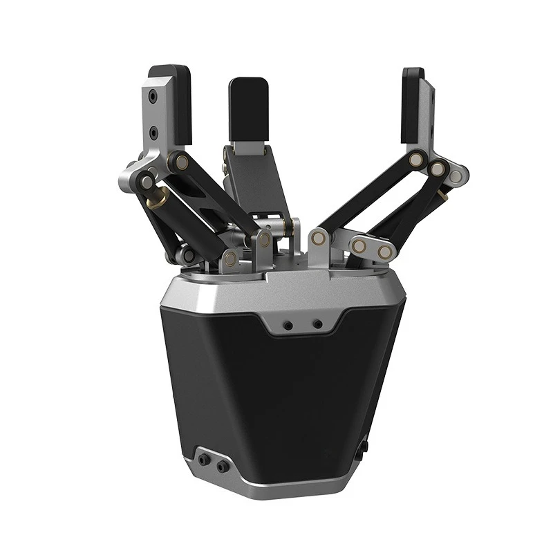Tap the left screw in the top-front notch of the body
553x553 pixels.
[288, 324]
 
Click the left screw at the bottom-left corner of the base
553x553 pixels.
[203, 460]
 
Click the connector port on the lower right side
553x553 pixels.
[362, 449]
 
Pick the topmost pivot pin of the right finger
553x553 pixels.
[415, 160]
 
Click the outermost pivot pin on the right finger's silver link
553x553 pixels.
[456, 176]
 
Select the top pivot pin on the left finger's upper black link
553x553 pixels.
[182, 162]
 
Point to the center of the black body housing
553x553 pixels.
[276, 394]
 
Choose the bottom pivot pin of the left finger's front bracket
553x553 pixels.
[229, 259]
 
